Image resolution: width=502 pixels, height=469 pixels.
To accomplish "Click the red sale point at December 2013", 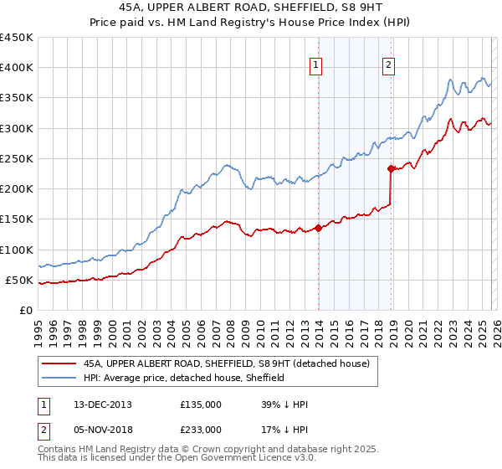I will (319, 228).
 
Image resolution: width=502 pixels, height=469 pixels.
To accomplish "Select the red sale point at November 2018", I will (391, 168).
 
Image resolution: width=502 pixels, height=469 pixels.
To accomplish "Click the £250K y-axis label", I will (17, 159).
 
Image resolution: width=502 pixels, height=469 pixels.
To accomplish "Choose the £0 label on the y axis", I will (24, 311).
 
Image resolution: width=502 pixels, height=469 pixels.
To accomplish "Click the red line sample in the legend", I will (59, 363).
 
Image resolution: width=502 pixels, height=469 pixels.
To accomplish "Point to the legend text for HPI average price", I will (184, 378).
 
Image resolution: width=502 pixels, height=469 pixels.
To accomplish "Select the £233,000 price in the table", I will (201, 429).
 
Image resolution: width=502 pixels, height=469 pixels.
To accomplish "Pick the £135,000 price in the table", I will (201, 405).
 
